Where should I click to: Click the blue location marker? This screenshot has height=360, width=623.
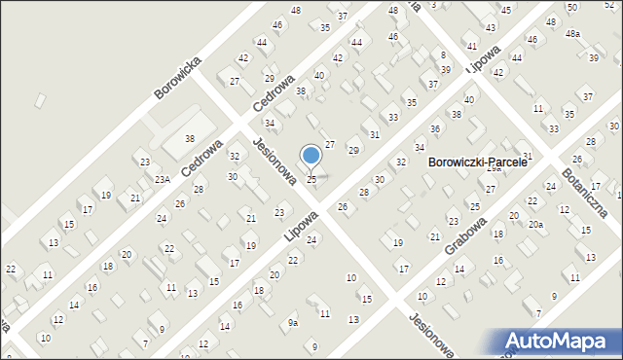tap(311, 156)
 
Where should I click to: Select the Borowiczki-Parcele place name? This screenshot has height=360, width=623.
tap(477, 162)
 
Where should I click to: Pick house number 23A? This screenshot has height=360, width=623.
tap(161, 179)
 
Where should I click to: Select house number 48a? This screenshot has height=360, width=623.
tap(573, 34)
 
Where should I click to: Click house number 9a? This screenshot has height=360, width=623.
tap(292, 322)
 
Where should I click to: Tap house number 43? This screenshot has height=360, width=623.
tap(492, 27)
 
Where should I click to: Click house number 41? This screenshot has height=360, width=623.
tap(471, 46)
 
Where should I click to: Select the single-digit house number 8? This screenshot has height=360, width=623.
tap(443, 54)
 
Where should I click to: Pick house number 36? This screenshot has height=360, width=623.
tap(435, 128)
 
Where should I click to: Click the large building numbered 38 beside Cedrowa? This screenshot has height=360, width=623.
tap(190, 139)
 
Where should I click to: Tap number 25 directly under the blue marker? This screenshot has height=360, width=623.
tap(311, 179)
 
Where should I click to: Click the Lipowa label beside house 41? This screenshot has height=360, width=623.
tap(484, 59)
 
